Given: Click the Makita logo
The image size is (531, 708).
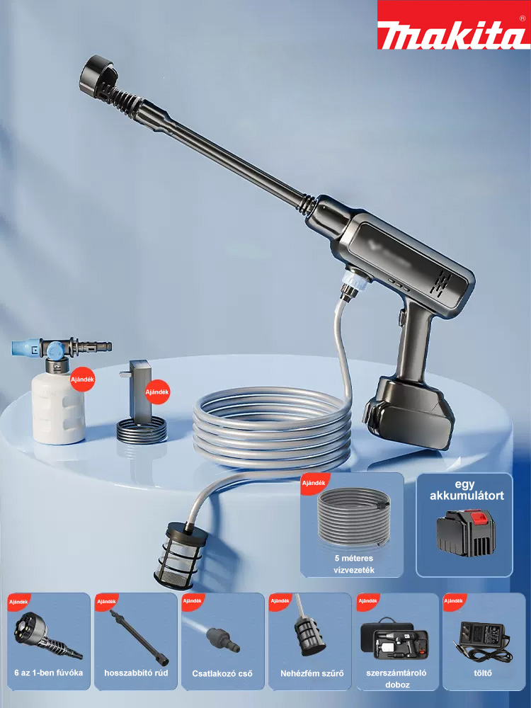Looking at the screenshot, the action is pyautogui.click(x=454, y=25).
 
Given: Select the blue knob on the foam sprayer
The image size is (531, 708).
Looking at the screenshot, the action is pyautogui.click(x=55, y=348).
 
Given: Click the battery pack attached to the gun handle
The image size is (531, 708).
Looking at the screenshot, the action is pyautogui.click(x=409, y=413).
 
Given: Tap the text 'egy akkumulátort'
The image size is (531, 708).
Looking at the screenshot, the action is pyautogui.click(x=467, y=491).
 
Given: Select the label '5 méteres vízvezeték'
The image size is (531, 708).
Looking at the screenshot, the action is pyautogui.click(x=354, y=564).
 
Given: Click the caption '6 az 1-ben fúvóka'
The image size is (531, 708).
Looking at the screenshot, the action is pyautogui.click(x=49, y=673).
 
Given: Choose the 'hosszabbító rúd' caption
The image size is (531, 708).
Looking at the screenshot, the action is pyautogui.click(x=136, y=673).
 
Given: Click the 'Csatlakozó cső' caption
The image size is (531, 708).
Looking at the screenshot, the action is pyautogui.click(x=222, y=674).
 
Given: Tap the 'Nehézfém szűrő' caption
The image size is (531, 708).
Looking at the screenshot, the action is pyautogui.click(x=312, y=673).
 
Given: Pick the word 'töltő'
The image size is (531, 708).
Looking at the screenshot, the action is pyautogui.click(x=483, y=673).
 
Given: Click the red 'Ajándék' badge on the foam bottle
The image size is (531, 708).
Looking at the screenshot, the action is pyautogui.click(x=83, y=379).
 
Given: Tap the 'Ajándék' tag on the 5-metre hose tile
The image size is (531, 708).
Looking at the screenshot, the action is pyautogui.click(x=314, y=483).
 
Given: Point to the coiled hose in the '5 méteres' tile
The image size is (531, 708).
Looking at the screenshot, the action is pyautogui.click(x=353, y=517).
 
